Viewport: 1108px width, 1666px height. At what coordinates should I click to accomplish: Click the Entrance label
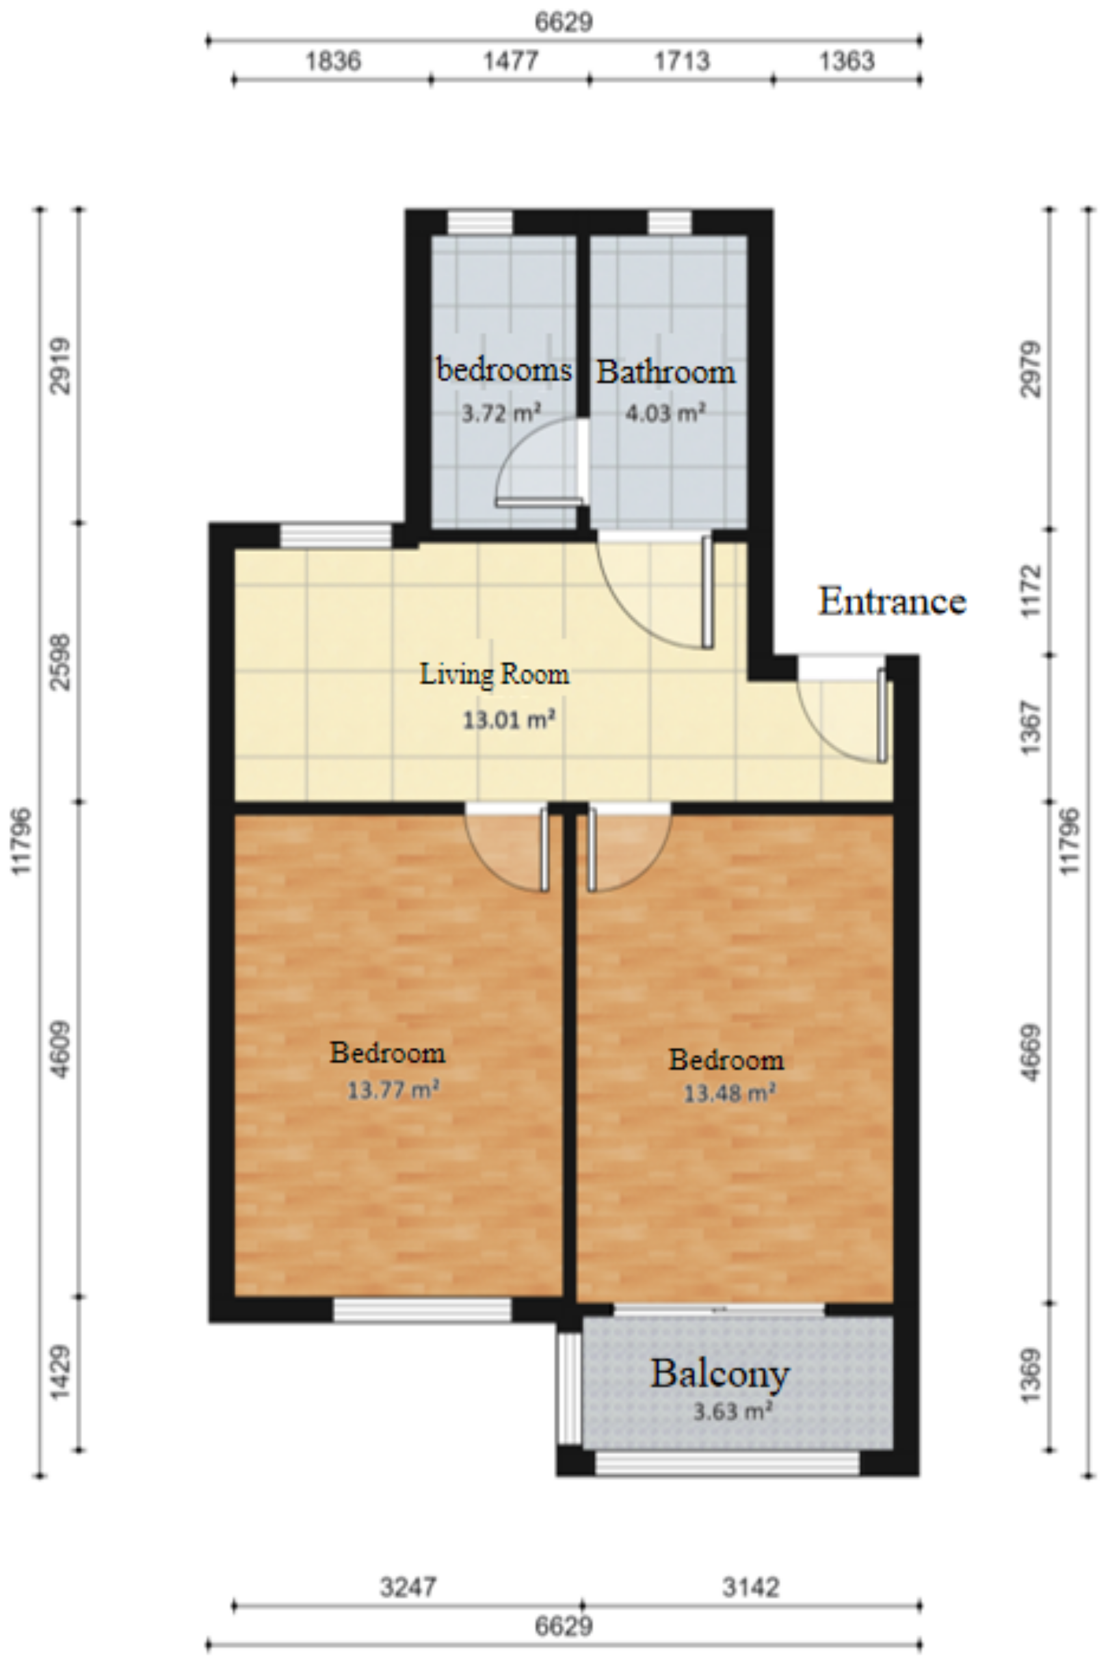pos(891,602)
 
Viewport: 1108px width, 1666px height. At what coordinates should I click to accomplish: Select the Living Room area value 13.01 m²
pos(508,720)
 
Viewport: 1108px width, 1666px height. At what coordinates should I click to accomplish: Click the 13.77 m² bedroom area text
pos(393,1089)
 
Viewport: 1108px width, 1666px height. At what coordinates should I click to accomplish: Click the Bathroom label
pos(666,373)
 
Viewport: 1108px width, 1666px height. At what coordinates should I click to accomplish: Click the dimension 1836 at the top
pos(333,62)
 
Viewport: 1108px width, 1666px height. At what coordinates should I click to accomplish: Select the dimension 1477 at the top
pos(510,62)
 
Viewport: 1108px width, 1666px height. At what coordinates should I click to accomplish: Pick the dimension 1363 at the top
pos(847,62)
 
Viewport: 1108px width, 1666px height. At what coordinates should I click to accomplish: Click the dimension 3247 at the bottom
pos(408,1587)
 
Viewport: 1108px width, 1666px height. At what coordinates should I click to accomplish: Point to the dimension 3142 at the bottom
pos(750,1587)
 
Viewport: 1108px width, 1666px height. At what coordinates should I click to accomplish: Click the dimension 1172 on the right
pos(1031,590)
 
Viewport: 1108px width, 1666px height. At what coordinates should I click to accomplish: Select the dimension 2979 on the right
pos(1031,369)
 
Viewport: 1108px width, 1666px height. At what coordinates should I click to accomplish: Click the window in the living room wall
pos(336,536)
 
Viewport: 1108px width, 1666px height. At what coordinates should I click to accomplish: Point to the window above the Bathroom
pos(669,222)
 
